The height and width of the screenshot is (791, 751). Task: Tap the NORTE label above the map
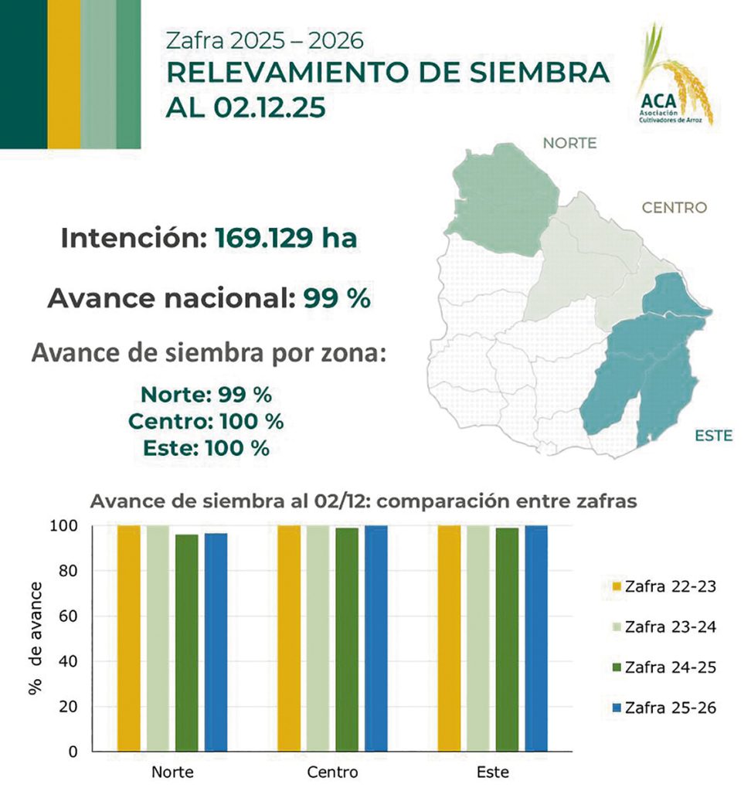tap(570, 143)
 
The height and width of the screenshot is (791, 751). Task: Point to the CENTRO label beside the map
tap(675, 207)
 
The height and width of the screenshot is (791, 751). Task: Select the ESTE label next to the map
tap(713, 436)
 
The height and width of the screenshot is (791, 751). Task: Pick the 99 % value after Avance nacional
tap(337, 298)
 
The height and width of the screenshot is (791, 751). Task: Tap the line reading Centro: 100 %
tap(206, 423)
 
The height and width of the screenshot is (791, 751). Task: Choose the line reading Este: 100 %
tap(206, 447)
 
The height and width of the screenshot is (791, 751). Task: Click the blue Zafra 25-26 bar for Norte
tap(216, 641)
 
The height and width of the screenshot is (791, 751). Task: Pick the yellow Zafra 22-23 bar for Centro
tap(289, 638)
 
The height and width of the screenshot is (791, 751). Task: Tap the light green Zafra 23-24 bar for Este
tap(478, 638)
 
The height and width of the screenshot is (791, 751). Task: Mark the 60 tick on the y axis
tap(70, 616)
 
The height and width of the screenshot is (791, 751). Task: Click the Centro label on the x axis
tap(332, 772)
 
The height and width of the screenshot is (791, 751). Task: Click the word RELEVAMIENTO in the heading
tap(303, 73)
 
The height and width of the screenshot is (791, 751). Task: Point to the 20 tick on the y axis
tap(70, 707)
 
